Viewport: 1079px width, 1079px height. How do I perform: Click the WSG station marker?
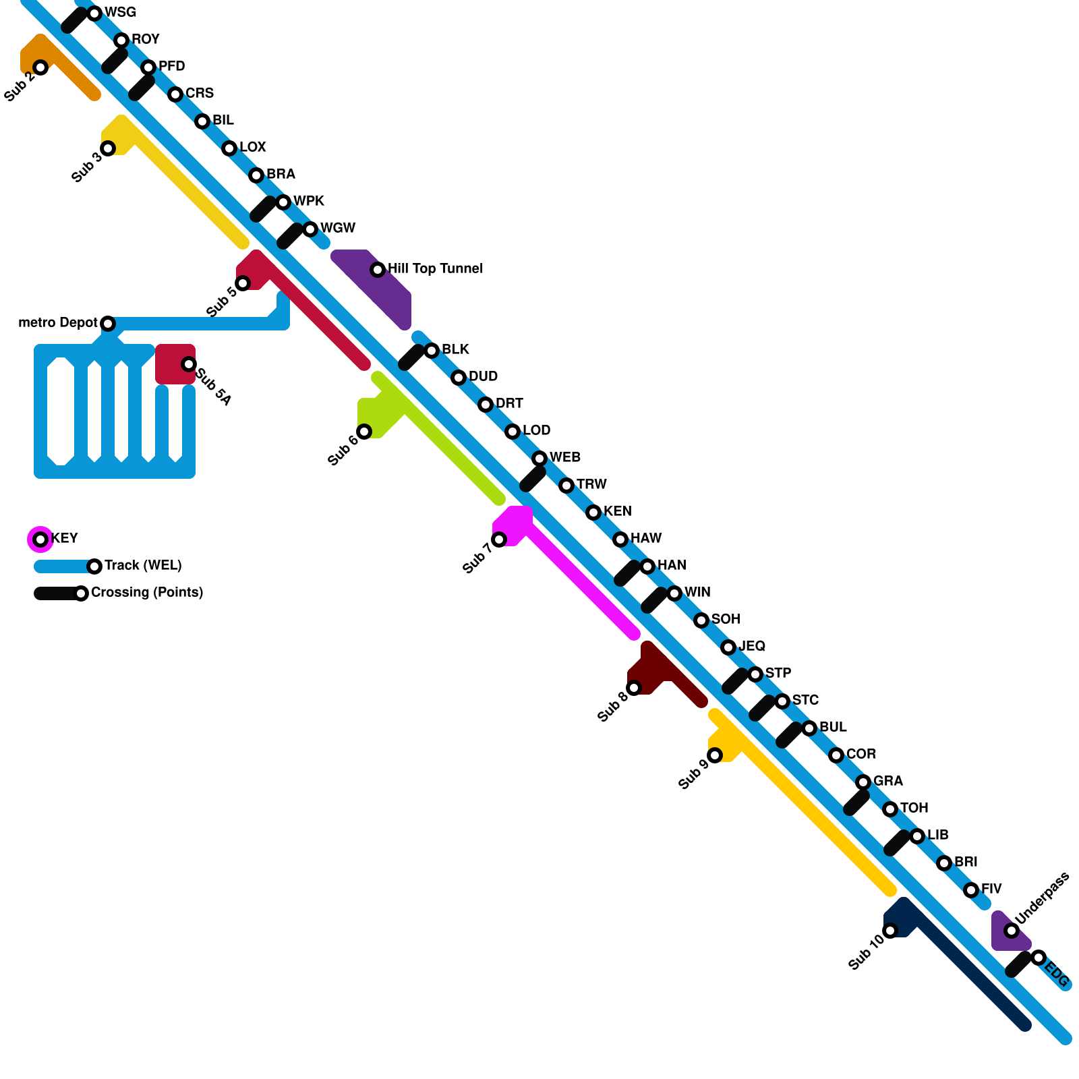(94, 13)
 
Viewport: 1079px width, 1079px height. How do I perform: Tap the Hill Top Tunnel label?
(435, 268)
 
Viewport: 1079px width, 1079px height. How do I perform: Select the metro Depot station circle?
(108, 324)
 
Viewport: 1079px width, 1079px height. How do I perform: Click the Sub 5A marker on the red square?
(189, 364)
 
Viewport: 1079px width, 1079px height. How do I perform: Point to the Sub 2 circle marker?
(40, 67)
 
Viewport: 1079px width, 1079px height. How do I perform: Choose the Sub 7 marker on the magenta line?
(499, 539)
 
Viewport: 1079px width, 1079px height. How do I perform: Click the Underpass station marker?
(1012, 931)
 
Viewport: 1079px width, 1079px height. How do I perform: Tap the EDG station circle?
(1039, 958)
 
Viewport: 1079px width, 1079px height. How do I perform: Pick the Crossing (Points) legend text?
(147, 592)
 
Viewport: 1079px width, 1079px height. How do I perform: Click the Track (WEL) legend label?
(143, 565)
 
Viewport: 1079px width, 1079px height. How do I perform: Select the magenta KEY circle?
(40, 539)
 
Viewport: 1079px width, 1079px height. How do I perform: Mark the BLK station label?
(455, 349)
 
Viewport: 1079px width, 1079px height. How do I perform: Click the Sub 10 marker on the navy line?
(890, 931)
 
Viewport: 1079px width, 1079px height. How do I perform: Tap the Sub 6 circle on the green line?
(364, 432)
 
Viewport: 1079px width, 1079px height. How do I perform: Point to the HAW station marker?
(620, 539)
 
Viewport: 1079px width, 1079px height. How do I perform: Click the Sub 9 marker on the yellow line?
(715, 755)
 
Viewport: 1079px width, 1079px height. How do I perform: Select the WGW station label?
(337, 228)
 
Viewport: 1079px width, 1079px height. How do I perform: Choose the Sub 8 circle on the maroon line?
(634, 688)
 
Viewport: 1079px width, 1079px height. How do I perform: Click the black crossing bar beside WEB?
(533, 479)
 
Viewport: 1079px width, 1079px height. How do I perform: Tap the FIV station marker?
(971, 890)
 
